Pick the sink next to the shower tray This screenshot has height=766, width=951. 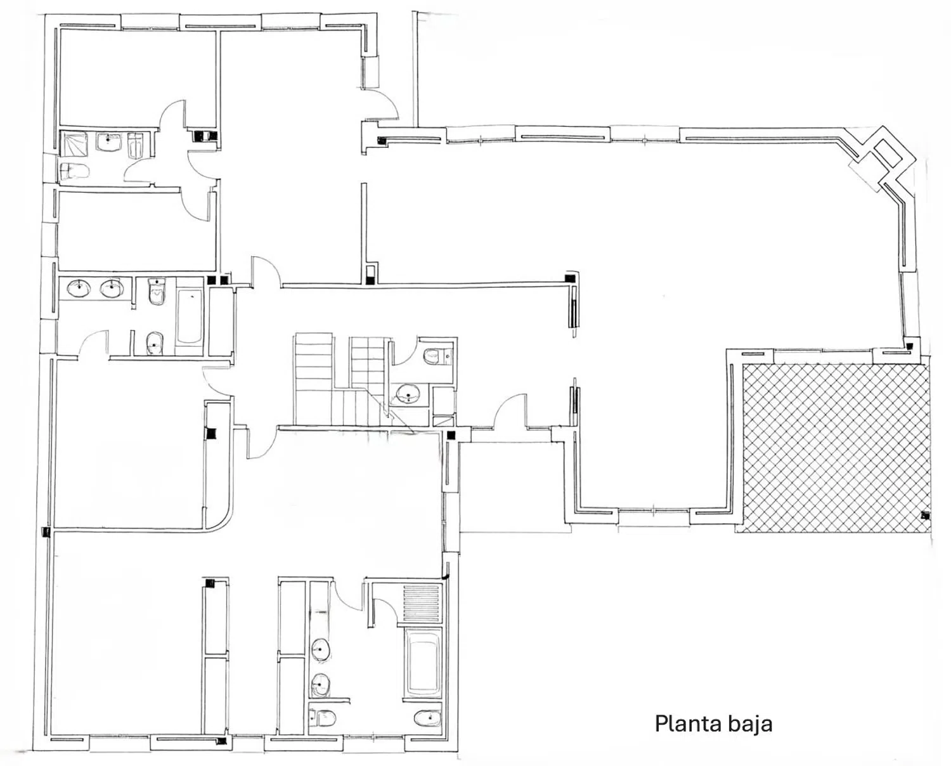pyautogui.click(x=109, y=141)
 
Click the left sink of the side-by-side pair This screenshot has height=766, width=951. pyautogui.click(x=79, y=289)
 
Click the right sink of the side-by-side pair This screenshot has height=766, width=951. pyautogui.click(x=112, y=289)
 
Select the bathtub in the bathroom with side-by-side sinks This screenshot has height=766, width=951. pyautogui.click(x=188, y=317)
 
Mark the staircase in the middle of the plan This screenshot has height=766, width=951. pyautogui.click(x=336, y=380)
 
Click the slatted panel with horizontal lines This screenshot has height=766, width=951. pyautogui.click(x=422, y=605)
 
